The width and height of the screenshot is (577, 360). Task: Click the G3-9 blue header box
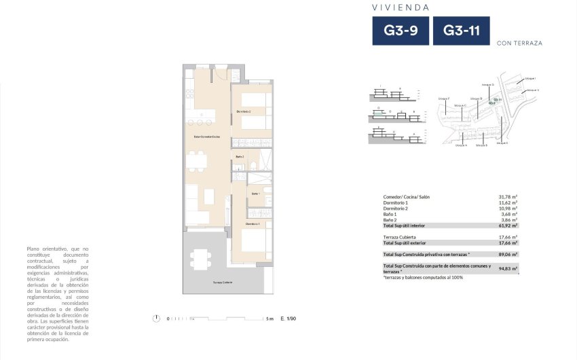click(400, 31)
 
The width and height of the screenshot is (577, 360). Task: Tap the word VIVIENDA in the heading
click(401, 7)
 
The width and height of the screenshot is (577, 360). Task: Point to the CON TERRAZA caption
click(519, 43)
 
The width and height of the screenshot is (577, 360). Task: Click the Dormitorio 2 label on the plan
click(243, 111)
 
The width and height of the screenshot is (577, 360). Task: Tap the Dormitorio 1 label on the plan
click(253, 223)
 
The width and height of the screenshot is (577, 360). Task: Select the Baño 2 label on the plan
click(240, 157)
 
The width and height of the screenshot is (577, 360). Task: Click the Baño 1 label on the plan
click(255, 194)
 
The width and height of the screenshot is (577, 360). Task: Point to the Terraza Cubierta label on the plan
click(204, 282)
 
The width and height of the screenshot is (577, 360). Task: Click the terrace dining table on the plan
click(200, 258)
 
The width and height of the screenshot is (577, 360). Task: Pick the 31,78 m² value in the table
click(508, 197)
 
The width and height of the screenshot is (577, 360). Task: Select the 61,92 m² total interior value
click(508, 225)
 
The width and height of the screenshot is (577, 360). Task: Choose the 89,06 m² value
click(508, 254)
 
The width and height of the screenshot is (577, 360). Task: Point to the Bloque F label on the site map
click(443, 98)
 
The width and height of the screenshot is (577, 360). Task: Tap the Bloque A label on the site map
click(461, 145)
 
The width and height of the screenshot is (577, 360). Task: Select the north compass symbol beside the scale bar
click(157, 318)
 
